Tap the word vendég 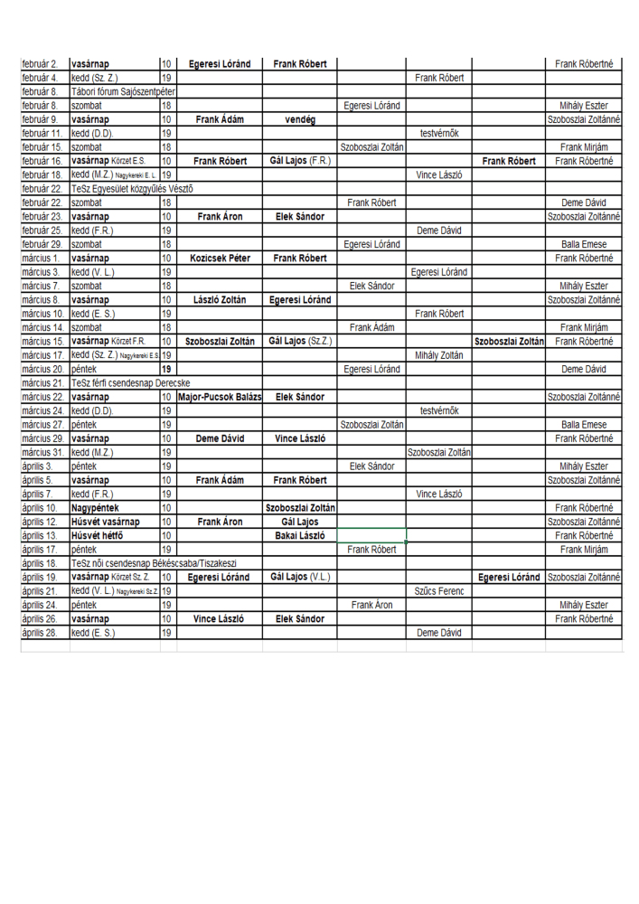[x=299, y=118]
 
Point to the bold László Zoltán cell [x=221, y=299]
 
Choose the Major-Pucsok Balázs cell [x=221, y=397]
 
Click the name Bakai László [x=299, y=535]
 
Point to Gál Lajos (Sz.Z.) [x=299, y=341]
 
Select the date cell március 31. [x=42, y=452]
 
